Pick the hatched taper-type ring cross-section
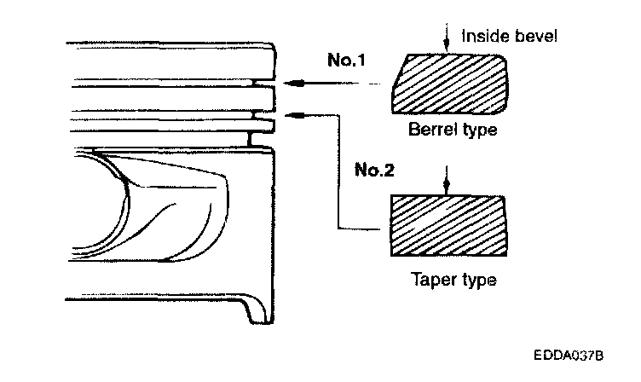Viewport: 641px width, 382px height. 447,225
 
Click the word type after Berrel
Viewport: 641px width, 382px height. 477,132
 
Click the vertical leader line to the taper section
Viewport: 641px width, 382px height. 338,171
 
